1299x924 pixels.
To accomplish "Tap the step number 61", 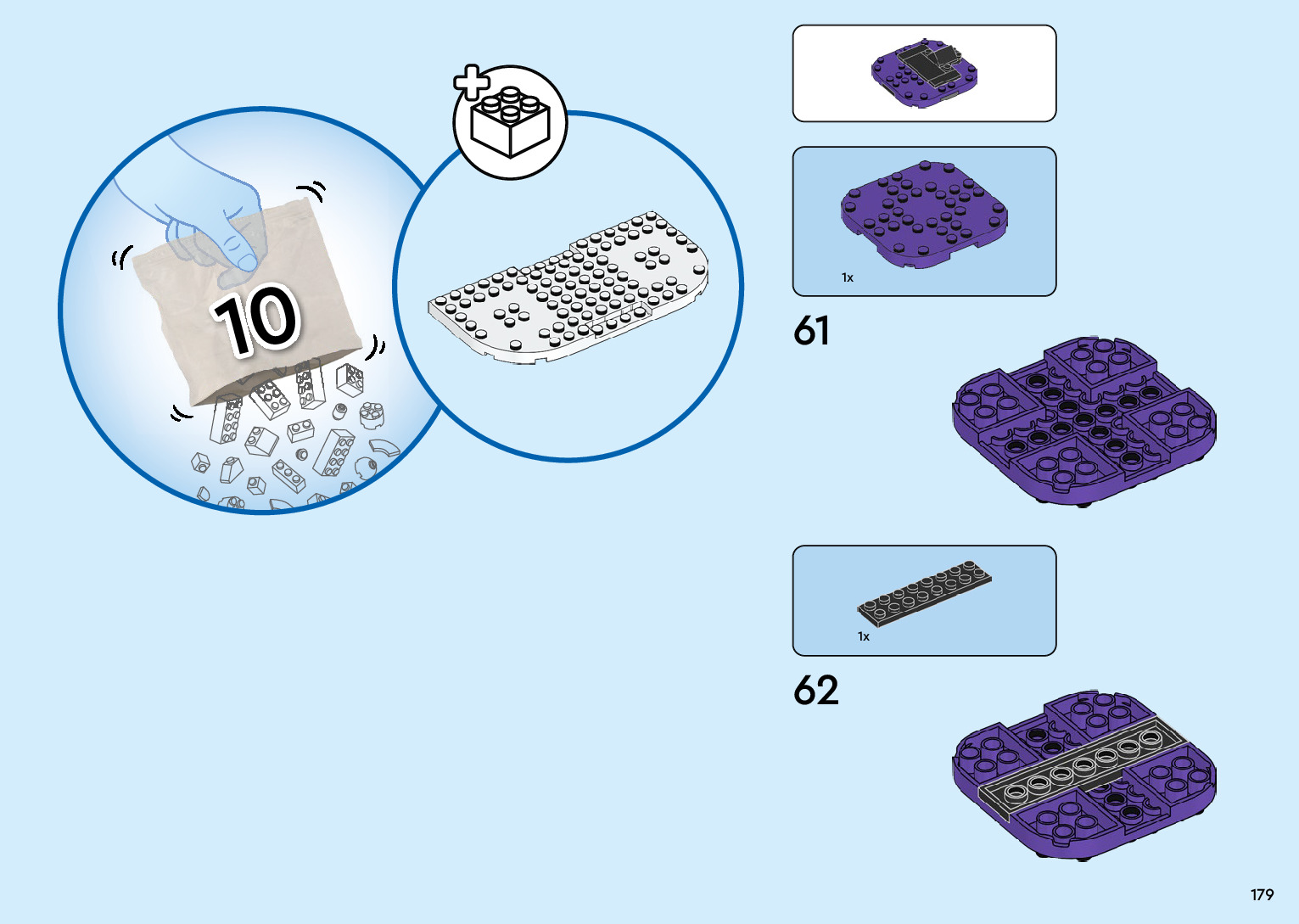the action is (x=811, y=331).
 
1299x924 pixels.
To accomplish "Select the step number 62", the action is (x=815, y=691).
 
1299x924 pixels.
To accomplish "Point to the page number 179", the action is (x=1262, y=894).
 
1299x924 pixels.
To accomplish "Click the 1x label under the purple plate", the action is (x=847, y=277).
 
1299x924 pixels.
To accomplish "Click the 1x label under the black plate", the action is (x=863, y=636).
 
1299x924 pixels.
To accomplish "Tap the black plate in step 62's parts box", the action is (x=925, y=591).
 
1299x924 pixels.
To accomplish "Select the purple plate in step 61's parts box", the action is (x=924, y=212).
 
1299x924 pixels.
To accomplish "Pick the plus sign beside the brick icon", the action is (x=472, y=83).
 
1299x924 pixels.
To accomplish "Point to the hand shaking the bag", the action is (x=212, y=212).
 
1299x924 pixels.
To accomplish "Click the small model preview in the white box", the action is (x=925, y=73).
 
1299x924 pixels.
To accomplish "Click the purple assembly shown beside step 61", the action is (x=1084, y=420).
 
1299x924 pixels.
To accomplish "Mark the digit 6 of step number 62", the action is (x=804, y=691).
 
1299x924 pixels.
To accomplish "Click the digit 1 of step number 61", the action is (x=823, y=331).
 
